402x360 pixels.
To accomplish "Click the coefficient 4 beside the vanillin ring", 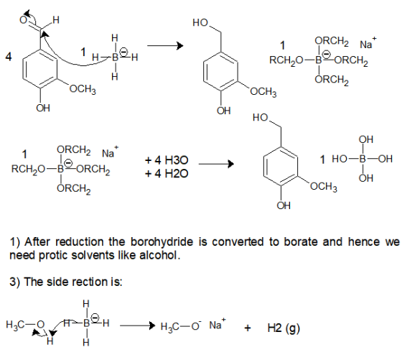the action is (x=9, y=57).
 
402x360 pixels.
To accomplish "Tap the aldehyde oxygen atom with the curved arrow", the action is (x=23, y=20).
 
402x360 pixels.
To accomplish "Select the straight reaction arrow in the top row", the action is (x=165, y=46).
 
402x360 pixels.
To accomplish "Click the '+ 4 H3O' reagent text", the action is (x=167, y=160).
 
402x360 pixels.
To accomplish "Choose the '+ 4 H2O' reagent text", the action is (x=167, y=174).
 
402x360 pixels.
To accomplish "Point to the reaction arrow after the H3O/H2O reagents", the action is (x=216, y=164).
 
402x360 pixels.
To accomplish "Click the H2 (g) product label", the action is (x=284, y=328).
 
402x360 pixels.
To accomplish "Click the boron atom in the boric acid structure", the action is (x=363, y=159).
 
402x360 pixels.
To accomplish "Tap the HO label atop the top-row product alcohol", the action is (x=200, y=22).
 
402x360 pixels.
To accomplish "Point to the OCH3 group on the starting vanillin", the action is (x=83, y=89).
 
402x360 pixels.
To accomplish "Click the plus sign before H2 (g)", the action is (x=248, y=328).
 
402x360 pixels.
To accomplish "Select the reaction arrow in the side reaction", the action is (x=138, y=326).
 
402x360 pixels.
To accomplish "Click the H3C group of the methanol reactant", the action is (x=13, y=325).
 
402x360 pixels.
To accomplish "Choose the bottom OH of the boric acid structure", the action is (x=366, y=177).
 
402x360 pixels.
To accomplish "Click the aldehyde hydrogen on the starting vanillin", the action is (x=56, y=19).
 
